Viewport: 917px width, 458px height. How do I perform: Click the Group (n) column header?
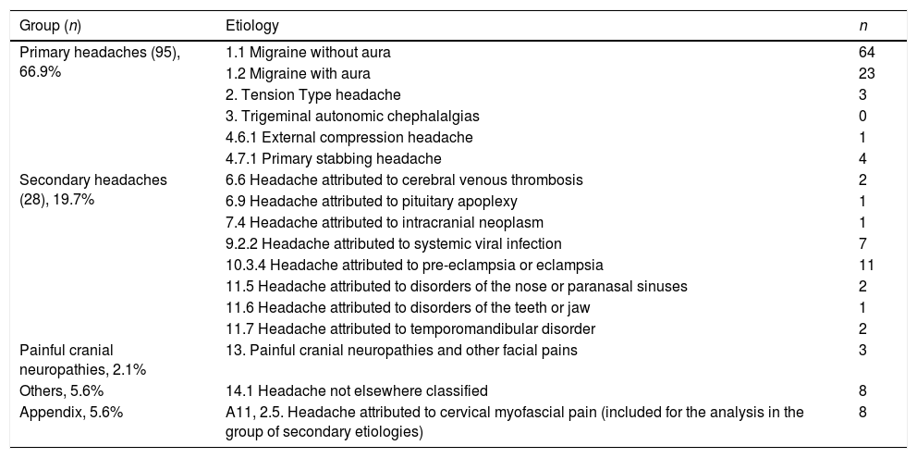(x=55, y=24)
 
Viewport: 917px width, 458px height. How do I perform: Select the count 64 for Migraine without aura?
(x=866, y=52)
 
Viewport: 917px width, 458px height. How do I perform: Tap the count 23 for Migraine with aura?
(x=866, y=73)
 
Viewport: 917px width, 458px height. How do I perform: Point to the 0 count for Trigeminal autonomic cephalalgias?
(x=862, y=116)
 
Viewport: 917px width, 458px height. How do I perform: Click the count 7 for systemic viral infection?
(x=862, y=243)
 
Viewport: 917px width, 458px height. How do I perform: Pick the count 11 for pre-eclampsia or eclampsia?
(x=866, y=265)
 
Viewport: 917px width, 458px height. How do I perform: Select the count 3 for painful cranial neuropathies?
(x=862, y=350)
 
